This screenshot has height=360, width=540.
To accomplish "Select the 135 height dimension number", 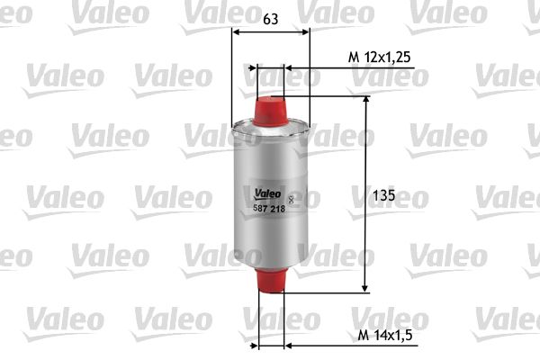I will pyautogui.click(x=384, y=194).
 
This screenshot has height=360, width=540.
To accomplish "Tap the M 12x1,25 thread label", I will pyautogui.click(x=379, y=57).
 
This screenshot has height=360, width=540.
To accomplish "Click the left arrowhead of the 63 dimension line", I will pyautogui.click(x=237, y=33).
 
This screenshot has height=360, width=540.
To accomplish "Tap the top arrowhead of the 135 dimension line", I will pyautogui.click(x=365, y=100).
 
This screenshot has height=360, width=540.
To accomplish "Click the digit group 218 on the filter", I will pyautogui.click(x=279, y=208).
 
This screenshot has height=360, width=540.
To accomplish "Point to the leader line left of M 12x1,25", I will pyautogui.click(x=315, y=67).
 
